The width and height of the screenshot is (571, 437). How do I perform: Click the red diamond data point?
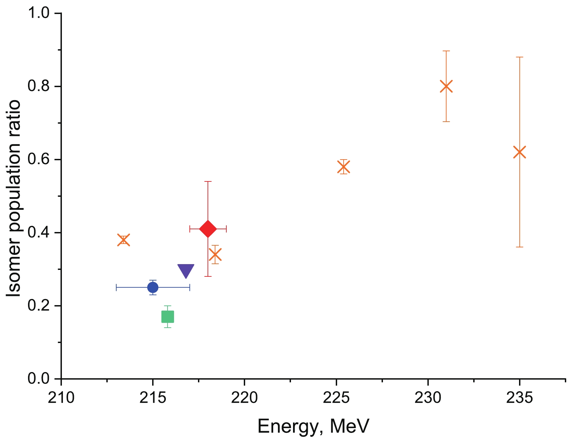[208, 229]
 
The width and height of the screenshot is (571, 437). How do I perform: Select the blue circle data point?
[153, 287]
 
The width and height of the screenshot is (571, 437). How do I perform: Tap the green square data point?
[168, 317]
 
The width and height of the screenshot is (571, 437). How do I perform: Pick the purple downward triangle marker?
[186, 271]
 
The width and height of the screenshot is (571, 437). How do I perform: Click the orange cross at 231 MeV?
[446, 86]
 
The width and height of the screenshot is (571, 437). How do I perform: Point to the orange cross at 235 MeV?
[519, 152]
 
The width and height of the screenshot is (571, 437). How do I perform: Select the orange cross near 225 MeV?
[343, 167]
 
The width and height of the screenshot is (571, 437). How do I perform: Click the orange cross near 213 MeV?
[123, 240]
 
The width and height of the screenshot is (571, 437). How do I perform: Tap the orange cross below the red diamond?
[215, 255]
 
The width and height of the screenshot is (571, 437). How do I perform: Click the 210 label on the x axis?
[62, 398]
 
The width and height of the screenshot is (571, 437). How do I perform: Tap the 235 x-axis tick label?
[519, 398]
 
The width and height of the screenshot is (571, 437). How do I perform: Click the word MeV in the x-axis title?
[350, 426]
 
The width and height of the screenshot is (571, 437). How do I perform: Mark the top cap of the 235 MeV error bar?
[519, 57]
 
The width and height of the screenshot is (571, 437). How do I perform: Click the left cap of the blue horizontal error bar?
[117, 287]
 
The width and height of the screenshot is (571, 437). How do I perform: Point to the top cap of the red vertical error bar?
[208, 181]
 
